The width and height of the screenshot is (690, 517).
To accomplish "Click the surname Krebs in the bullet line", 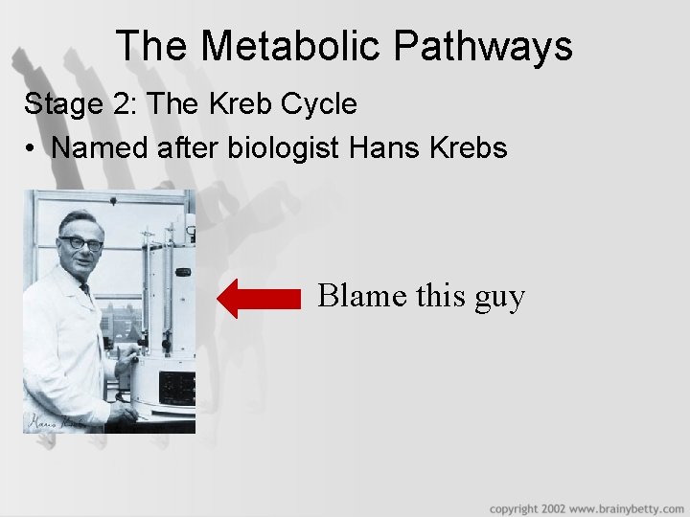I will (468, 148).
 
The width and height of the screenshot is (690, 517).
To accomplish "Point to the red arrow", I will (259, 298).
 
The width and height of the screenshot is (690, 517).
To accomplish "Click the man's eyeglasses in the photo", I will (80, 243).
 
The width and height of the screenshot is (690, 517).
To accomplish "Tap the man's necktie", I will (86, 289).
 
